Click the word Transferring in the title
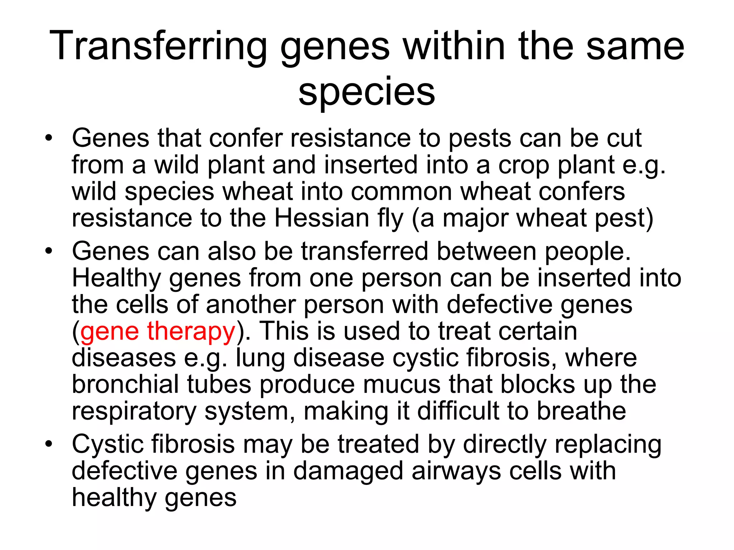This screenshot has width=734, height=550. [x=158, y=47]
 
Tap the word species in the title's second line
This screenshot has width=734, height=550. [x=367, y=92]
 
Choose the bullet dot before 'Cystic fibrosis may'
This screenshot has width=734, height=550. [x=49, y=444]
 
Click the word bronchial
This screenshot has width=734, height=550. [x=125, y=384]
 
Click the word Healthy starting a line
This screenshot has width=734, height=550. [x=116, y=278]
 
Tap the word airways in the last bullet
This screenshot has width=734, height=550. [x=456, y=471]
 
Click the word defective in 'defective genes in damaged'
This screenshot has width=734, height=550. [x=124, y=471]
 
